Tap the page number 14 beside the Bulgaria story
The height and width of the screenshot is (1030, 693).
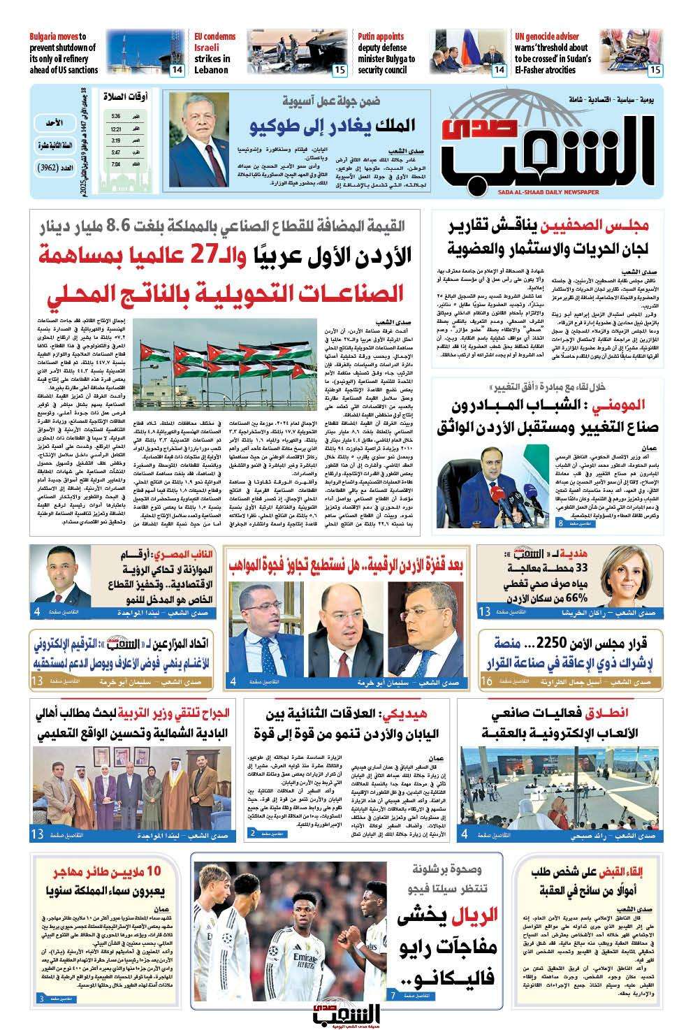[177, 70]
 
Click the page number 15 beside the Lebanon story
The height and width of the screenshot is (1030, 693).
[340, 70]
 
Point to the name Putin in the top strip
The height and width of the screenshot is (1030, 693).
[371, 36]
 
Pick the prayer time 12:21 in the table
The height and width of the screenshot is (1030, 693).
[115, 129]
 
